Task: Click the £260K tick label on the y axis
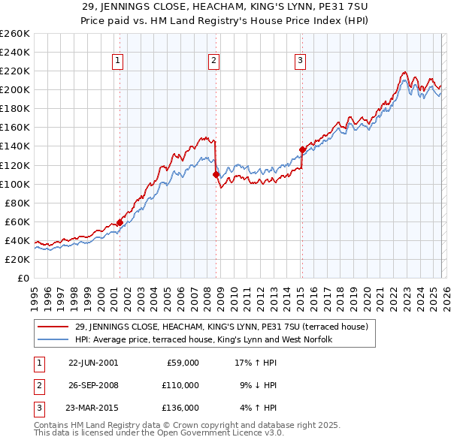14,34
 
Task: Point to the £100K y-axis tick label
14,184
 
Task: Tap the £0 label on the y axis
23,279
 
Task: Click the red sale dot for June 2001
120,222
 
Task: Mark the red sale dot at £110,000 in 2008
216,174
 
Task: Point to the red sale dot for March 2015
302,149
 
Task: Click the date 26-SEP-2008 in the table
93,385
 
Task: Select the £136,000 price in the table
180,408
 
